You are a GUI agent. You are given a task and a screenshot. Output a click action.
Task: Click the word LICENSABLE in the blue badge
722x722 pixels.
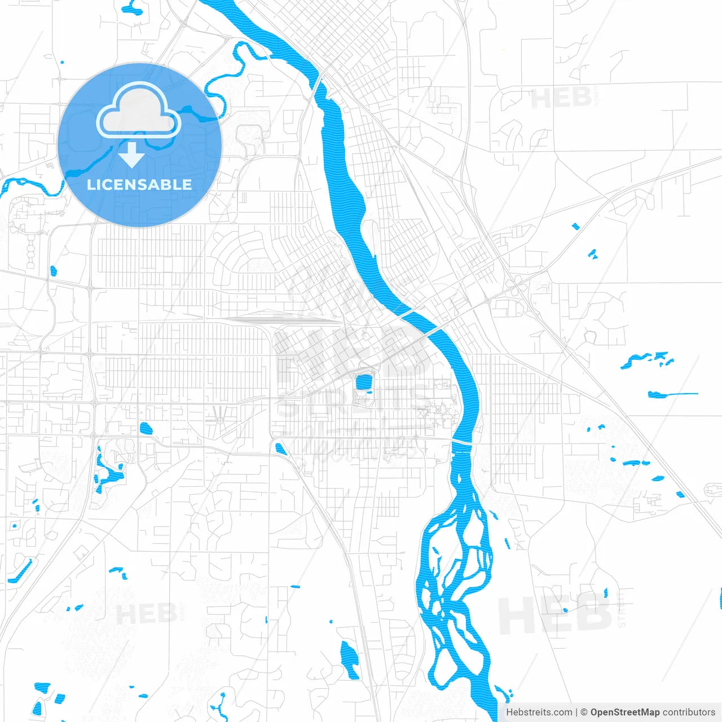pos(139,184)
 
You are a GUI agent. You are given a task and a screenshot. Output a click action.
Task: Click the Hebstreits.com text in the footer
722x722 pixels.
pos(539,712)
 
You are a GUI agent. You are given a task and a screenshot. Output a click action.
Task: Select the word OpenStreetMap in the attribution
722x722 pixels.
pos(624,712)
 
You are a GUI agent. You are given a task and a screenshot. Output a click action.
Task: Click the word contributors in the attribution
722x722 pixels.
pos(688,712)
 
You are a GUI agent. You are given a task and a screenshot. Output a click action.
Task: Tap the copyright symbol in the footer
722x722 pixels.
pos(584,712)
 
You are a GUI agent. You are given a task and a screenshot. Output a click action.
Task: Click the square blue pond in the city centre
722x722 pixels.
pos(363,382)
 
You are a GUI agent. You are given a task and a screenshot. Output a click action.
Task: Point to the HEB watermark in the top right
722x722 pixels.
pos(561,99)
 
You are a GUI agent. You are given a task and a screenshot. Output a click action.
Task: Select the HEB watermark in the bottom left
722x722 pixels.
pos(146,614)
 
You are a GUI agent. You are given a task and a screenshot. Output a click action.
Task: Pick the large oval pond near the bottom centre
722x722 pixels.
pos(350,659)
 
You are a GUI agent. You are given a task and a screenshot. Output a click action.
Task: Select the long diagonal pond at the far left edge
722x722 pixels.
pos(21,571)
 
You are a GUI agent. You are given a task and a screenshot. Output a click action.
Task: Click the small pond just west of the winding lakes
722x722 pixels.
pos(146,429)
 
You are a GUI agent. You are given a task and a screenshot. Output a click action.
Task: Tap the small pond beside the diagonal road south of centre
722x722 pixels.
pos(280,449)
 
